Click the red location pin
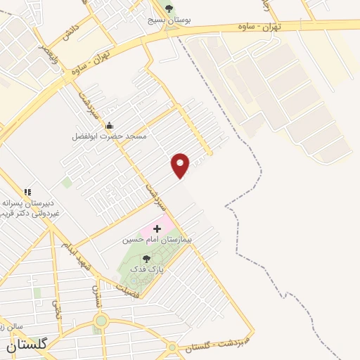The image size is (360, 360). pos(181,165)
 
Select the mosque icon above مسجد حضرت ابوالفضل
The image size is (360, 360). pos(108,125)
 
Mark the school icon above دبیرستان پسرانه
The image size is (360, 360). pos(27,191)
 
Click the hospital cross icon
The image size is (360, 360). pos(157,229)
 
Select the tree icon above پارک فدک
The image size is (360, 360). pos(146,259)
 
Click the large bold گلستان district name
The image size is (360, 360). pos(27,345)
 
